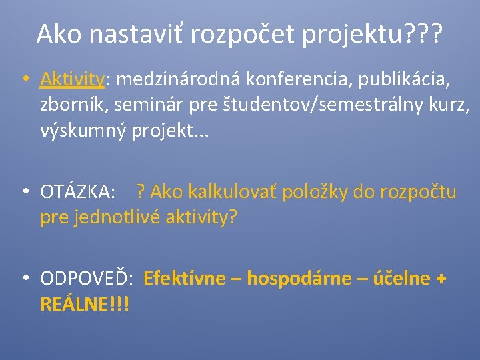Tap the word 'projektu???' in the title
(371, 33)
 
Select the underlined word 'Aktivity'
(72, 80)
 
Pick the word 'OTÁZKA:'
(77, 193)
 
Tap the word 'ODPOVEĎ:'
(88, 279)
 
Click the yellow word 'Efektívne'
(185, 279)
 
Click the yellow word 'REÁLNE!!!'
(85, 304)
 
